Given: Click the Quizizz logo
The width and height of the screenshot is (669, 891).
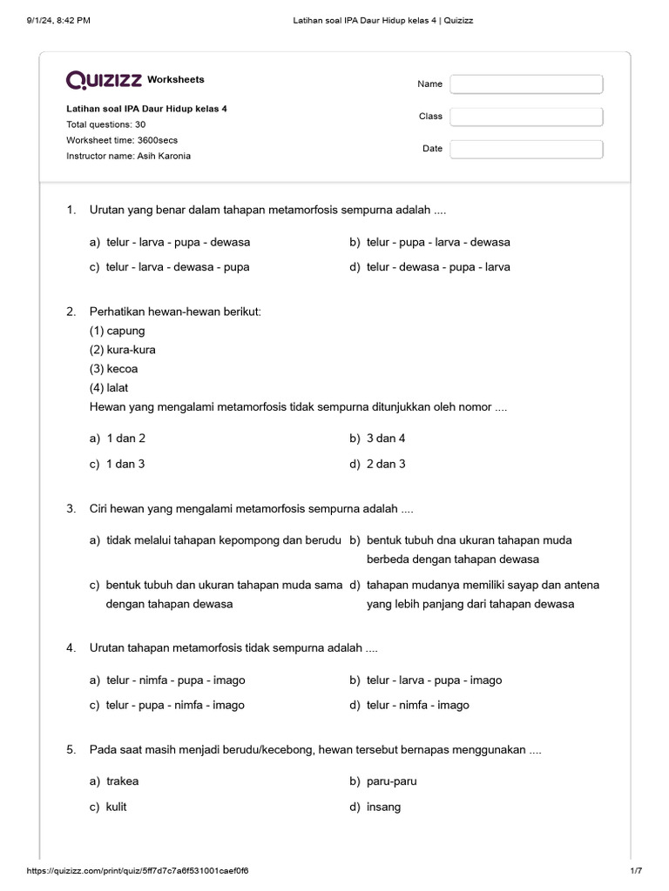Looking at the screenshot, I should coord(104,80).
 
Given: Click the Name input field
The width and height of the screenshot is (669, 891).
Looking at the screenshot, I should coord(526,84).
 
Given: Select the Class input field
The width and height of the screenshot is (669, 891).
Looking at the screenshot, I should coord(526,117).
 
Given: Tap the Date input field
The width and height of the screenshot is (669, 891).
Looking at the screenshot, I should coord(526,149).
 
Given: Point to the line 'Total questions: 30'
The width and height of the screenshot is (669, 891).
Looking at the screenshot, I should coord(106,124).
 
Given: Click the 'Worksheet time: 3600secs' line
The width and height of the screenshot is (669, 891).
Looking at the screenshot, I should coord(122,140).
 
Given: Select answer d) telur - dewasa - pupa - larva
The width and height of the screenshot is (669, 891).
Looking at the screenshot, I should coord(438,267).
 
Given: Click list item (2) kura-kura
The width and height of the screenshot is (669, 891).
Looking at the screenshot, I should coord(123,350).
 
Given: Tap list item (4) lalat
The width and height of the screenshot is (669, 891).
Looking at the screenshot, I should coord(109,388).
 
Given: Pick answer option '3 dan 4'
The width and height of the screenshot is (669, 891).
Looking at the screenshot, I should coord(386,439).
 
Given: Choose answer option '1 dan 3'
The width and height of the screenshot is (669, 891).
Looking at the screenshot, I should coord(125,464).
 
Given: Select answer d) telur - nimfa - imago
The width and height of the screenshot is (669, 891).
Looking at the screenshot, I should coord(417,705).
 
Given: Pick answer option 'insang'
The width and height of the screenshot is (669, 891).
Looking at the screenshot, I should coord(383,807).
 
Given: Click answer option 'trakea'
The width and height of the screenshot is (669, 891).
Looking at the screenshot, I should coord(122,781).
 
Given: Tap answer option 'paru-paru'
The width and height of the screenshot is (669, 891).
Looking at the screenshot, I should coord(391,781).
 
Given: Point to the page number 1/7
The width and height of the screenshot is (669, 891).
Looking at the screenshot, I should coord(635,871).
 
